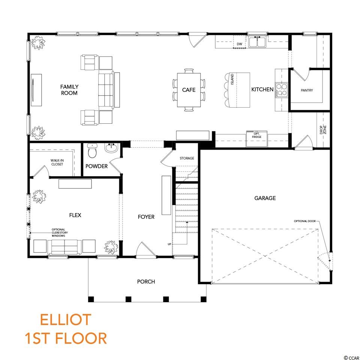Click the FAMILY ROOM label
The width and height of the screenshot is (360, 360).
[x=69, y=90]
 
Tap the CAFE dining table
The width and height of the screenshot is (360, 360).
[x=189, y=90]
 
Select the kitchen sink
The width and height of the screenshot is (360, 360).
[x=257, y=42]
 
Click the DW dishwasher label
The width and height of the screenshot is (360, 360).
[x=240, y=44]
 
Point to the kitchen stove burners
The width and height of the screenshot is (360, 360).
[x=282, y=89]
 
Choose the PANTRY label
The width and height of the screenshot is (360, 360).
[x=307, y=90]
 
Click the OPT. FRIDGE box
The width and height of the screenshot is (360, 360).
[x=256, y=138]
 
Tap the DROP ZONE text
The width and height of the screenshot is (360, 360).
[x=323, y=130]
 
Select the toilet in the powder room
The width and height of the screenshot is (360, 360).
[x=92, y=151]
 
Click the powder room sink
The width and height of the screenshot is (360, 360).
[x=112, y=148]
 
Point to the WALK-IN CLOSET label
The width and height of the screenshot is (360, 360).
[x=57, y=162]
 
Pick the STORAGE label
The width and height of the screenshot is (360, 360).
[x=187, y=158]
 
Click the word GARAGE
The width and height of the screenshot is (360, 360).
[x=265, y=198]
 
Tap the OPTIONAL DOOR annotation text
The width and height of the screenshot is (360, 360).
[x=304, y=221]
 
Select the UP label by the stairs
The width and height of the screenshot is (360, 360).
[x=169, y=244]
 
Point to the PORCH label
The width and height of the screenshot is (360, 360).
[x=146, y=282]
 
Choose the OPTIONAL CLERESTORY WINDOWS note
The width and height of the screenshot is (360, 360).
[x=58, y=232]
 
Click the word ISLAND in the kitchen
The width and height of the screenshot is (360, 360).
[x=232, y=79]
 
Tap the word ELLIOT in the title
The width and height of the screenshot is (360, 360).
[x=65, y=319]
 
